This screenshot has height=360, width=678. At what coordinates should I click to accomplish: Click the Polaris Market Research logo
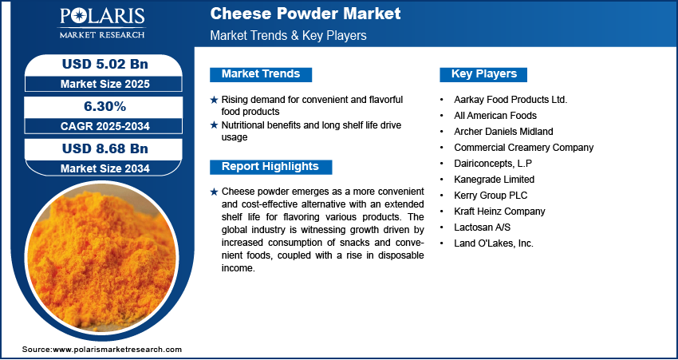pos(102,23)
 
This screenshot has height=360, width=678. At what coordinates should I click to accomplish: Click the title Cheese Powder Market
pos(305,14)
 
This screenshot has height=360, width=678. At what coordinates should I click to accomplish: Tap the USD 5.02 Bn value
pos(105,64)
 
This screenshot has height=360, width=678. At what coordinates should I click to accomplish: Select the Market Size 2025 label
pos(105,84)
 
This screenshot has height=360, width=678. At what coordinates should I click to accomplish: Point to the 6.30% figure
pos(105,106)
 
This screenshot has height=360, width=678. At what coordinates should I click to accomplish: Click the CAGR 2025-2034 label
pos(105,126)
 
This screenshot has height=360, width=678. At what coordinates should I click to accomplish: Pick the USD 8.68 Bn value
pos(105,148)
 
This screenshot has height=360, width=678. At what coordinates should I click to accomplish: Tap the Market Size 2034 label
pos(105,168)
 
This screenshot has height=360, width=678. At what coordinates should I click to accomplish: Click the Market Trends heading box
pos(261,74)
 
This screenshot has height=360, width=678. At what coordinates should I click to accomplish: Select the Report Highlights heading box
pos(270,167)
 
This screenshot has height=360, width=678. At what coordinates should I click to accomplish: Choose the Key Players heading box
pos(483,74)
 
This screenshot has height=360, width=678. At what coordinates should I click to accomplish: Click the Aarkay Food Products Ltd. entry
pos(510,100)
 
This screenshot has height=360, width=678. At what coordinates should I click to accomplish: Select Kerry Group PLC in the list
pos(491,195)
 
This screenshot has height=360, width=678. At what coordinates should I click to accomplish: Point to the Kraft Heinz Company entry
pos(499,212)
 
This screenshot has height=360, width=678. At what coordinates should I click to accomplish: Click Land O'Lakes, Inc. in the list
pos(494,243)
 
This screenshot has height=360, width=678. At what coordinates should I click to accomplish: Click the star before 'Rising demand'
pos(214,100)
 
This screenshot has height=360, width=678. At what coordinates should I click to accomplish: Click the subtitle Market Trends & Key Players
pos(289,35)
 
